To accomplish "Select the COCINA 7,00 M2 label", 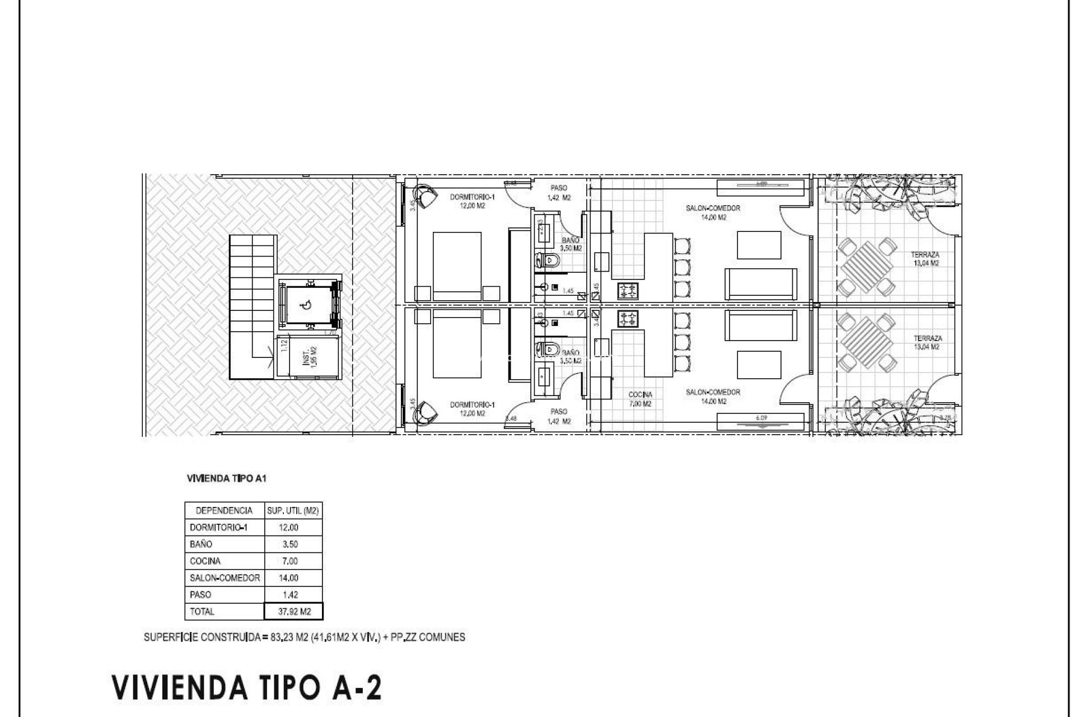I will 640,399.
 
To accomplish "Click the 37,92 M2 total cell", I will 294,612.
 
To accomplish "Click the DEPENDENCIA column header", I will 224,511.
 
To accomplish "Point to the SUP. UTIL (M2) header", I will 293,511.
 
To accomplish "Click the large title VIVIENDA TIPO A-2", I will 247,687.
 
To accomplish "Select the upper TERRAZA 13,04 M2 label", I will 925,258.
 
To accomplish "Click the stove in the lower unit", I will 628,319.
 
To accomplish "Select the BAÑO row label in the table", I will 201,544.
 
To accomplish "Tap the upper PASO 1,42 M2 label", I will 559,193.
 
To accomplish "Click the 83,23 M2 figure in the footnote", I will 291,637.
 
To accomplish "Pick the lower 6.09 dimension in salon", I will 760,418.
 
